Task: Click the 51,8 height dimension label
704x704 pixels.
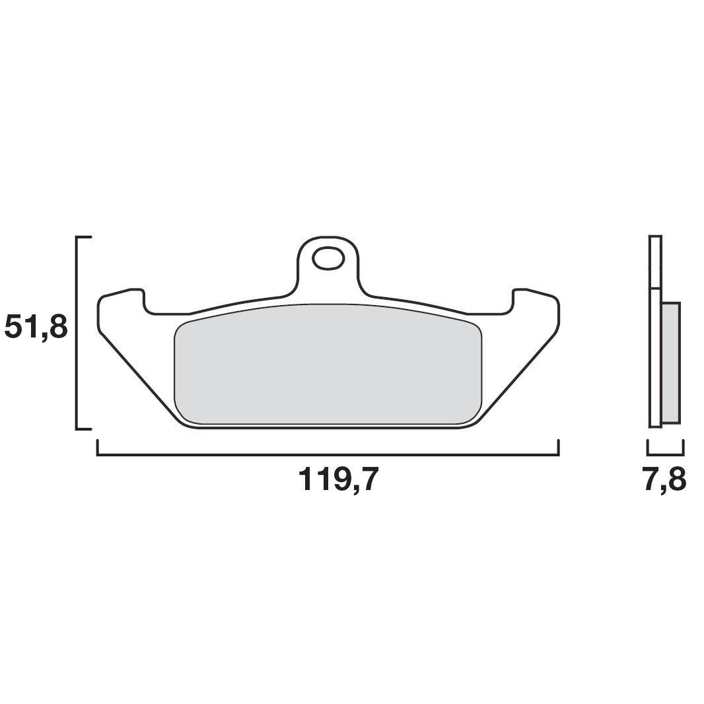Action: [x=36, y=327]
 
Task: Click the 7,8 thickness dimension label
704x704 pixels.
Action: [x=664, y=480]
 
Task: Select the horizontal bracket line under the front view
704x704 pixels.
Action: [x=328, y=455]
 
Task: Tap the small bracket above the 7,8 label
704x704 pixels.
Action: [x=665, y=454]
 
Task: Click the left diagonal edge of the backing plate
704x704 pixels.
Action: [x=138, y=376]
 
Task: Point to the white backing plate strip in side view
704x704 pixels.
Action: [x=654, y=330]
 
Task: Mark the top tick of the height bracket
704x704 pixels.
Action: [x=85, y=236]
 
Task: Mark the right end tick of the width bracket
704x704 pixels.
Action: [x=559, y=447]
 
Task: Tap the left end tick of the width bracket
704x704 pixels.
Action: [x=98, y=447]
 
